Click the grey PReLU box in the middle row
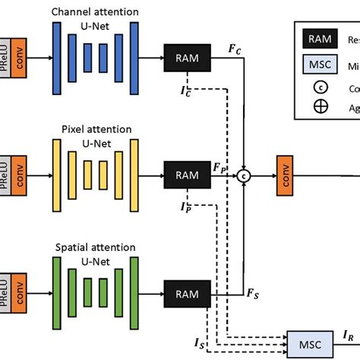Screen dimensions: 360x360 pos(5,175)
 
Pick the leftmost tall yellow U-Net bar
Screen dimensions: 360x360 pos(55,175)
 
